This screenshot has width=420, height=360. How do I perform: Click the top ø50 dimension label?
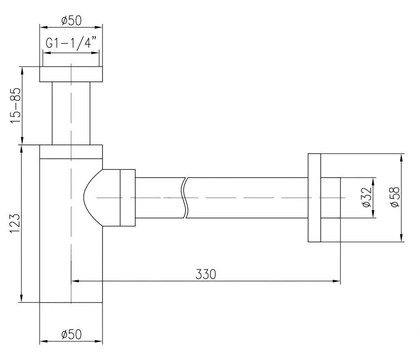click(x=71, y=21)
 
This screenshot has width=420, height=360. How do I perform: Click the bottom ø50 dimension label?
click(x=71, y=334)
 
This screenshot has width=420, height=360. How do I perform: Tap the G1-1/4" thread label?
click(x=71, y=43)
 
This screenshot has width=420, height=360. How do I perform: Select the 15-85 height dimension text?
click(x=15, y=105)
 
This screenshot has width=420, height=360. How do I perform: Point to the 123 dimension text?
click(x=15, y=223)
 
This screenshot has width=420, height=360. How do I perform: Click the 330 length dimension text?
click(x=206, y=274)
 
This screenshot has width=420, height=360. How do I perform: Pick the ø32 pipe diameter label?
click(x=367, y=197)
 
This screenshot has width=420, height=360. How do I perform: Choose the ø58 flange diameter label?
click(x=395, y=197)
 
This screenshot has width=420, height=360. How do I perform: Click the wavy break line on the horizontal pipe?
click(x=184, y=198)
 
